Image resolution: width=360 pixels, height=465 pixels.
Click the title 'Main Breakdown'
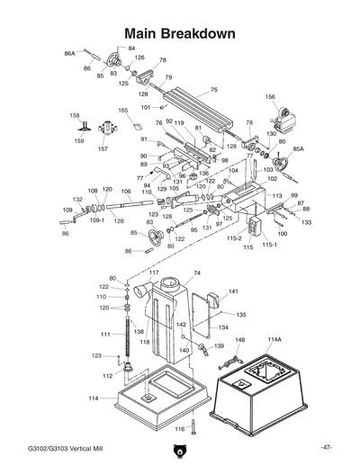pyautogui.click(x=180, y=33)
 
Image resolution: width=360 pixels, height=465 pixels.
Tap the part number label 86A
pyautogui.click(x=69, y=54)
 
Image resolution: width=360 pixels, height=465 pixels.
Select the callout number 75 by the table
pyautogui.click(x=214, y=90)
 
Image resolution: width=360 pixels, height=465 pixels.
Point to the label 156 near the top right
pyautogui.click(x=270, y=96)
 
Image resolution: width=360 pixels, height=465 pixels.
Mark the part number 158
pyautogui.click(x=76, y=115)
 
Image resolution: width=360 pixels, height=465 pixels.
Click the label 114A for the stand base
pyautogui.click(x=274, y=339)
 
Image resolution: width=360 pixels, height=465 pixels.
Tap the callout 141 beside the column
pyautogui.click(x=233, y=291)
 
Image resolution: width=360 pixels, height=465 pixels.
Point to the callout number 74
pyautogui.click(x=196, y=273)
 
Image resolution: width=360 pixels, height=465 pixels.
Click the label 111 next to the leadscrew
pyautogui.click(x=105, y=334)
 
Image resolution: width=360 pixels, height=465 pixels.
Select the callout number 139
pyautogui.click(x=219, y=345)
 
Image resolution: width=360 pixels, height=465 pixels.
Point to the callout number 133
pyautogui.click(x=306, y=221)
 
